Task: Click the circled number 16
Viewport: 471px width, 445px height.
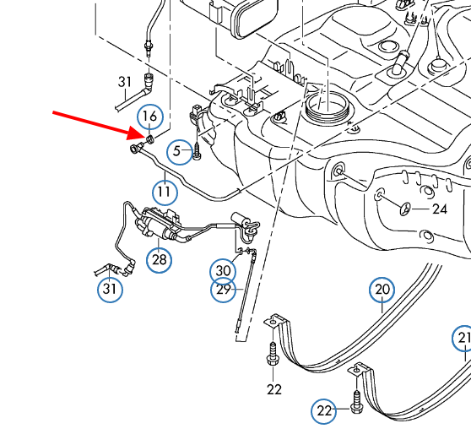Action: click(x=150, y=117)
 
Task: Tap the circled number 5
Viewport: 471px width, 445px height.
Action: click(x=179, y=151)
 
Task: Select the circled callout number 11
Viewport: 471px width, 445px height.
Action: click(x=165, y=193)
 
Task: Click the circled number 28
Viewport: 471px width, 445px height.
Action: click(x=160, y=260)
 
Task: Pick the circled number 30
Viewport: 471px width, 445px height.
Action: click(x=223, y=271)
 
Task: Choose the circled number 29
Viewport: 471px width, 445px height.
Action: click(x=223, y=290)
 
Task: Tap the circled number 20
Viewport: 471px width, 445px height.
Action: click(x=382, y=290)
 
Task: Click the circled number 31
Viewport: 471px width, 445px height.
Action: click(x=110, y=290)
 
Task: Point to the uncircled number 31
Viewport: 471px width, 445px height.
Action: click(x=125, y=82)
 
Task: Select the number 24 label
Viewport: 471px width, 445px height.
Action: click(x=440, y=209)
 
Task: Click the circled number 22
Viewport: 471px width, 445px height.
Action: click(x=324, y=411)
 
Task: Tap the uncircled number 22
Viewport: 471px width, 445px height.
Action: click(x=274, y=390)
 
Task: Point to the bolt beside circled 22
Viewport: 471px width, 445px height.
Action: click(x=356, y=402)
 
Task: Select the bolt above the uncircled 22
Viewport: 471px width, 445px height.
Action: click(x=273, y=353)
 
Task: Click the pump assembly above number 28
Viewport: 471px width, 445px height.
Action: click(x=158, y=223)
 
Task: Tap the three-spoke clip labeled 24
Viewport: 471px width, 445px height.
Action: click(x=405, y=209)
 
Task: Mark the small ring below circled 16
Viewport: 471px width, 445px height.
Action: click(x=150, y=139)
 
